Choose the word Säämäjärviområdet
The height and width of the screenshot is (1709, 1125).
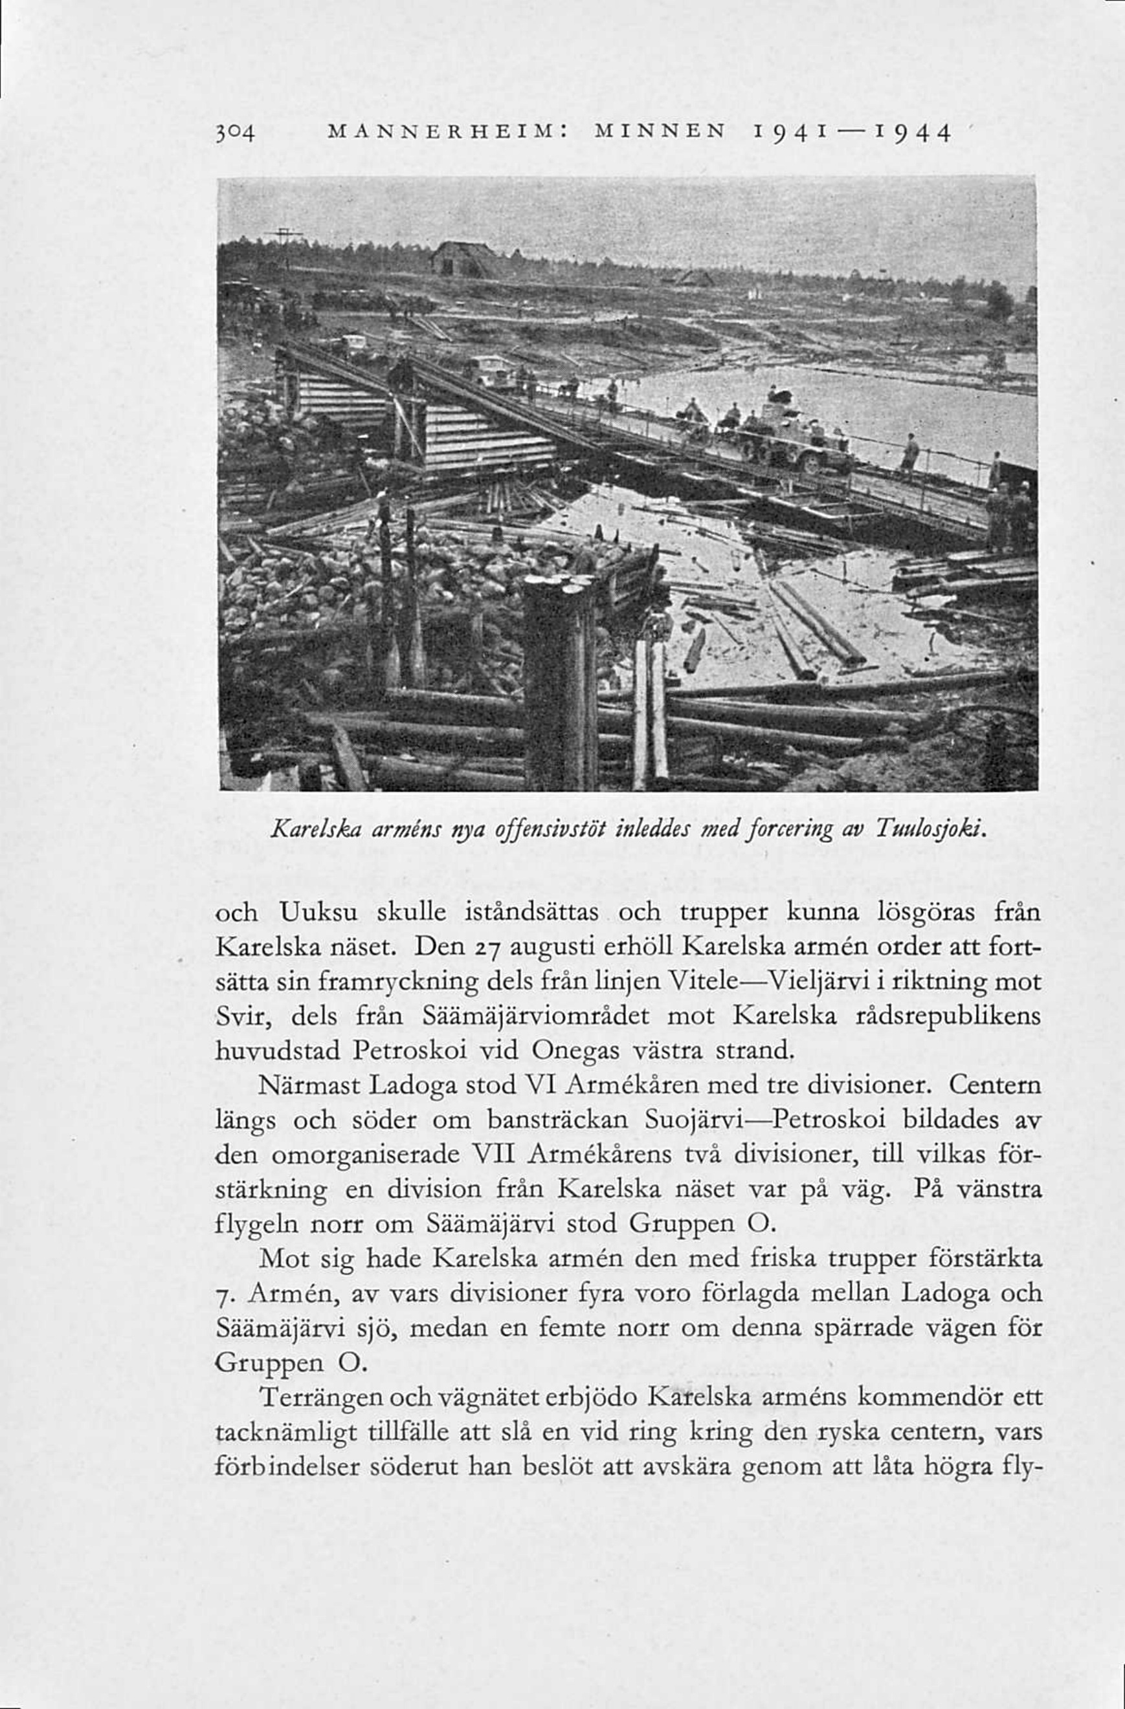(x=535, y=1017)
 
